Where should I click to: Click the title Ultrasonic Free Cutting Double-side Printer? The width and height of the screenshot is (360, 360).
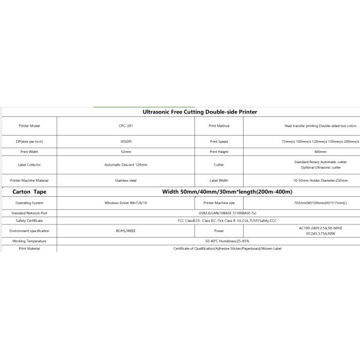click(200, 112)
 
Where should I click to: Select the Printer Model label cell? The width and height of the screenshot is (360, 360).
click(29, 126)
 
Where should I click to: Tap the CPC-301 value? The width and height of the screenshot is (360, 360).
click(126, 126)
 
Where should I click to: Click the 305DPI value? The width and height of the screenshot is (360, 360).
click(126, 142)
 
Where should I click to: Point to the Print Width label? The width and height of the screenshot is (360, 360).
click(29, 152)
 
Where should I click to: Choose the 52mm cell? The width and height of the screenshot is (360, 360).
click(126, 152)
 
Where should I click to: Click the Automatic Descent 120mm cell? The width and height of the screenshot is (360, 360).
click(126, 164)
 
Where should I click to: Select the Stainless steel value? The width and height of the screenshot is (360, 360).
click(126, 180)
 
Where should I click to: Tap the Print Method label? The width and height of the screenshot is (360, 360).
click(219, 126)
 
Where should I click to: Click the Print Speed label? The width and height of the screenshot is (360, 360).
click(219, 142)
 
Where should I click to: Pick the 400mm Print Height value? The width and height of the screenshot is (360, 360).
click(320, 152)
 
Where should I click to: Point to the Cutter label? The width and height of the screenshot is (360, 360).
click(219, 164)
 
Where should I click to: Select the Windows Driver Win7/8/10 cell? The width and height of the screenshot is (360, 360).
click(126, 203)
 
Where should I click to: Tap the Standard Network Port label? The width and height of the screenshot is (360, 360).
click(29, 212)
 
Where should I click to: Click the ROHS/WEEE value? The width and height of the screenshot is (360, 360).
click(126, 230)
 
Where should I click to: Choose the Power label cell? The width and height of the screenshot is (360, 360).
click(219, 230)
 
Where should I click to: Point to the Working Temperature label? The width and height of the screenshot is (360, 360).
click(29, 241)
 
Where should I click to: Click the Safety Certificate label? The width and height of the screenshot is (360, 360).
click(29, 220)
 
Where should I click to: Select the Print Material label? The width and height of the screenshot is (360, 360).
click(29, 248)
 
